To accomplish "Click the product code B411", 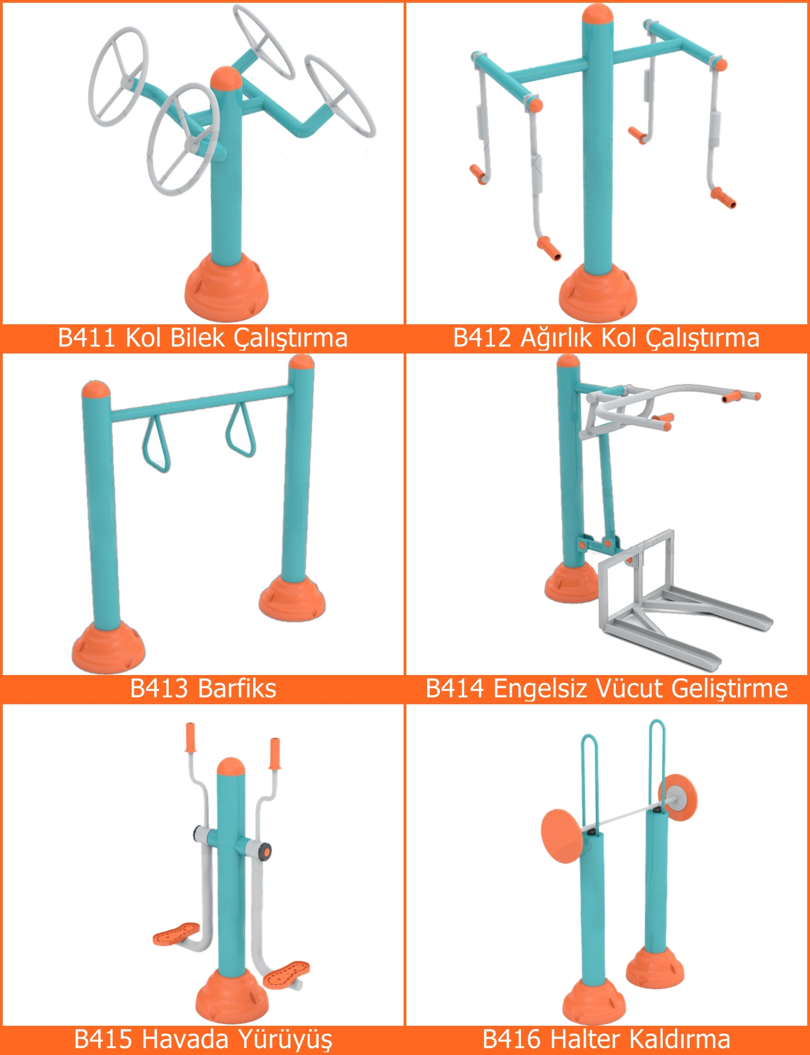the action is click(87, 338).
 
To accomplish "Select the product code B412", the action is click(482, 338).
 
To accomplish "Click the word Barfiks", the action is click(237, 688).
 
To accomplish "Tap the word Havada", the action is click(179, 1039).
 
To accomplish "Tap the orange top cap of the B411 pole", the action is click(226, 78).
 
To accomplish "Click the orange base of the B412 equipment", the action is click(598, 293).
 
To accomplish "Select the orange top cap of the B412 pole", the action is click(598, 15).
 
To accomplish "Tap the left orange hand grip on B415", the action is click(191, 738).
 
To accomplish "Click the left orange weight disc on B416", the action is click(561, 836).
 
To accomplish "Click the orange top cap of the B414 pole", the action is click(568, 361).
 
